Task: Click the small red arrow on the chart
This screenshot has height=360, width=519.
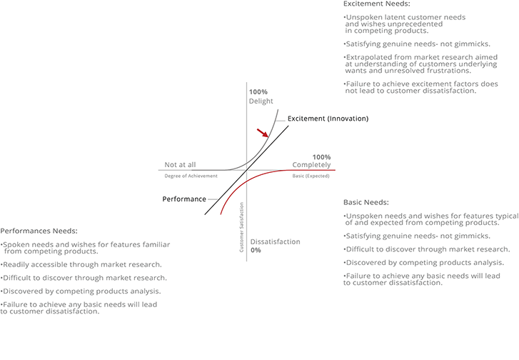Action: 263,133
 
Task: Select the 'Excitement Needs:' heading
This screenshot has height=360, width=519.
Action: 377,4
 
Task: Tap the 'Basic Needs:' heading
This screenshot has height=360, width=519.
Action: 366,202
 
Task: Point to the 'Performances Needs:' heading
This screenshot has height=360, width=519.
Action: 39,231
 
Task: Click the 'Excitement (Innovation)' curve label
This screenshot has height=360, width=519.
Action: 328,119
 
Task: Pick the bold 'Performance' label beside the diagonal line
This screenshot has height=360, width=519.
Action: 184,199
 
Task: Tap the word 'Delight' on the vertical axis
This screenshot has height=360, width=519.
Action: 261,101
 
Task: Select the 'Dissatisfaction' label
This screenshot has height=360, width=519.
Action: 275,241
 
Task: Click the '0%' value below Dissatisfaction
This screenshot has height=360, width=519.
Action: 256,251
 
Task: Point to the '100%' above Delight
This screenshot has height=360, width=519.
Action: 258,92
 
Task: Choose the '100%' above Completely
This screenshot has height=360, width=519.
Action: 321,157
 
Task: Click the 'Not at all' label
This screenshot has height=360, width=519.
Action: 180,164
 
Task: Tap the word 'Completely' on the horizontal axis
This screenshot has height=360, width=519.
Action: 311,164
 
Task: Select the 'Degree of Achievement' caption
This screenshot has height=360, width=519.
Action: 191,176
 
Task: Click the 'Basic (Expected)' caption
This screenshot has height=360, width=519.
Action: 311,176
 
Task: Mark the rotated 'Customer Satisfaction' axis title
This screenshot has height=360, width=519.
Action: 241,227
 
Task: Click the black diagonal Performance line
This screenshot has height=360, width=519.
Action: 246,170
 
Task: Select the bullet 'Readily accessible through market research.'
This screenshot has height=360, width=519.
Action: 81,264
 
